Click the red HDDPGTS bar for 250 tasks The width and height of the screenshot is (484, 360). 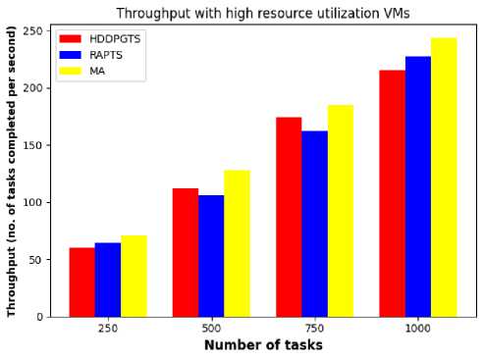(x=82, y=283)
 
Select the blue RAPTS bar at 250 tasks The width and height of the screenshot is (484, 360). (x=108, y=280)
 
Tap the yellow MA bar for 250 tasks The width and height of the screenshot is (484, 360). (x=134, y=277)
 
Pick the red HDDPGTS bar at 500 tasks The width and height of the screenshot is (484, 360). (x=186, y=253)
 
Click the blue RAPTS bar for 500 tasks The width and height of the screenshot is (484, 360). (x=211, y=256)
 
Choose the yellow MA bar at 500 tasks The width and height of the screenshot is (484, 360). (x=238, y=243)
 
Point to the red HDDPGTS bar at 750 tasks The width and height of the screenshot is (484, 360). (x=289, y=217)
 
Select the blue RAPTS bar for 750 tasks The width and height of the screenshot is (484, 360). (x=315, y=224)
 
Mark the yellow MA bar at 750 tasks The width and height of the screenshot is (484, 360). (x=341, y=211)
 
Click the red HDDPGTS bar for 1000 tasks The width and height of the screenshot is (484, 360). (x=393, y=193)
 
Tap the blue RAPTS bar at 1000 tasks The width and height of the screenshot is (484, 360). (x=418, y=186)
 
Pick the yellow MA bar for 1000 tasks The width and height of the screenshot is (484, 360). (x=444, y=178)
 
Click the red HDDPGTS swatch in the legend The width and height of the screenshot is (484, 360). (x=71, y=39)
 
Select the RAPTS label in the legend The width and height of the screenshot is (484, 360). (x=106, y=55)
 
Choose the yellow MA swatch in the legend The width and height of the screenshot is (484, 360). (x=71, y=71)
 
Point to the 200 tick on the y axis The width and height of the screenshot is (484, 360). (x=48, y=88)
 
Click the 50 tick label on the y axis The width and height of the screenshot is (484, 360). (x=36, y=260)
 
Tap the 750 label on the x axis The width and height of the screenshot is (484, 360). (x=314, y=328)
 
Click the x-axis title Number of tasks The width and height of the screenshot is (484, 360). (x=263, y=345)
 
